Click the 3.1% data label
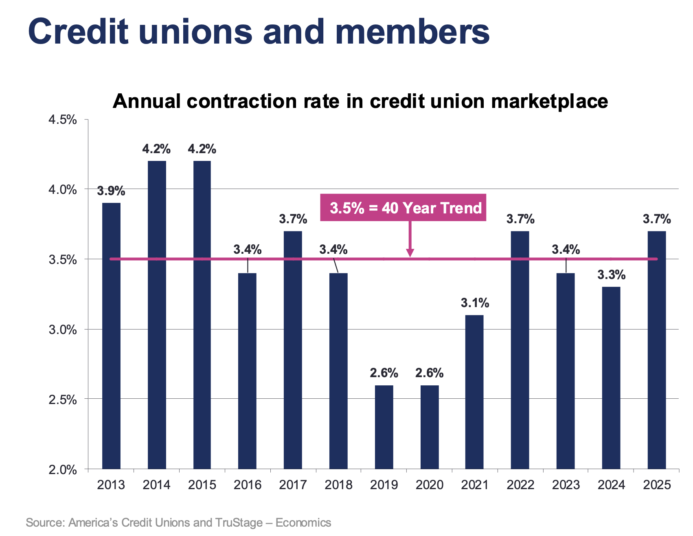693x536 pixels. [475, 303]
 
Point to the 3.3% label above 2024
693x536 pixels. [611, 275]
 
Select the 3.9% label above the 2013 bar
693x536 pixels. [111, 191]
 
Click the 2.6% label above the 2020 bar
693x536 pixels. [430, 373]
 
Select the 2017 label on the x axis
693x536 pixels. [293, 485]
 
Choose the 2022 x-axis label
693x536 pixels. [520, 485]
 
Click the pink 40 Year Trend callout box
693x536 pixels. [403, 208]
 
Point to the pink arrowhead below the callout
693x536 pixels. [410, 253]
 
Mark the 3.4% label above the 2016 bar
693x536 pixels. [248, 249]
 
